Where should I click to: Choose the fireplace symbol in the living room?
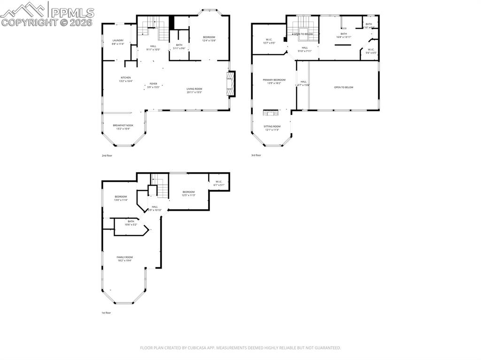[231, 84]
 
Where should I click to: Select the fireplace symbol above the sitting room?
[271, 113]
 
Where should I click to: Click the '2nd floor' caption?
[107, 155]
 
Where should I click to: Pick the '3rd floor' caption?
[256, 155]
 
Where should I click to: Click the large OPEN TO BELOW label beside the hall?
[343, 87]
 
